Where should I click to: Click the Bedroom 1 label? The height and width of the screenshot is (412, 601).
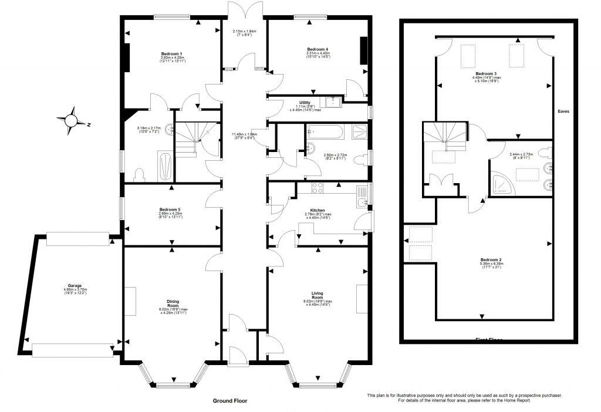coord(172,53)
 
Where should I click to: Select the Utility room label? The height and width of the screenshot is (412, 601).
coord(305,102)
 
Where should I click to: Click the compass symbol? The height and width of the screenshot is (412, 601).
coord(72,120)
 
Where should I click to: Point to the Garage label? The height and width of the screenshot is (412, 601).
coord(74,285)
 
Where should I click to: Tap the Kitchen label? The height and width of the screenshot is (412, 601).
coord(318,210)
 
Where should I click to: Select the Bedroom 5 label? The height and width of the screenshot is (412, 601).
coord(172,208)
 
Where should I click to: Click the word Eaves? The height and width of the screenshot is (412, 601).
coord(564,110)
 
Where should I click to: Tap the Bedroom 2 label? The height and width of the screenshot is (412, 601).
coord(491,259)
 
